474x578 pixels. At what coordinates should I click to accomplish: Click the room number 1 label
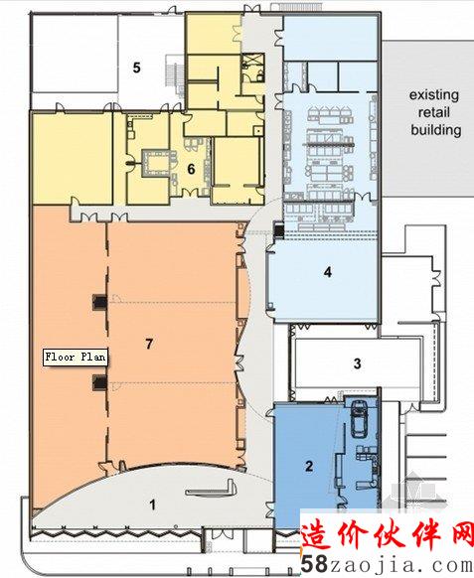tap(153, 505)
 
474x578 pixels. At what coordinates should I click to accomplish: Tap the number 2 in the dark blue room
tap(309, 467)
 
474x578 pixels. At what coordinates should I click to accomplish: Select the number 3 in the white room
tap(357, 363)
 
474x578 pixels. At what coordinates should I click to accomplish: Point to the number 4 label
tap(328, 272)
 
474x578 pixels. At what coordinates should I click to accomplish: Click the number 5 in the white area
tap(137, 68)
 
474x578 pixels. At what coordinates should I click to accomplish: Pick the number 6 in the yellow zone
tap(191, 169)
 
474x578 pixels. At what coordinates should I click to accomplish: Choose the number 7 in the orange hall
tap(149, 344)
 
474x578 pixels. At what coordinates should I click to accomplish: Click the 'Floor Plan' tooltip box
tap(76, 358)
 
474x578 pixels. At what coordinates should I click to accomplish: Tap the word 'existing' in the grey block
tap(434, 95)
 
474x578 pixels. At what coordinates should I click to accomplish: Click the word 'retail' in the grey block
tap(434, 112)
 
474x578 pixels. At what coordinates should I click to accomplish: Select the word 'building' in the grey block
tap(436, 130)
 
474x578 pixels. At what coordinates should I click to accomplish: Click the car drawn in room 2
tap(358, 418)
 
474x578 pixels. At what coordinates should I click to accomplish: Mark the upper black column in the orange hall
tap(99, 302)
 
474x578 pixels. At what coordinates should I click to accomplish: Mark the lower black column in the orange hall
tap(99, 382)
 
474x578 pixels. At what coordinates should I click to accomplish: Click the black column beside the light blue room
tap(278, 230)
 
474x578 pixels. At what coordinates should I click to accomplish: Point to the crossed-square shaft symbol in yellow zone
tap(253, 60)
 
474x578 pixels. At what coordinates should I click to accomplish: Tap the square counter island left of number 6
tap(155, 163)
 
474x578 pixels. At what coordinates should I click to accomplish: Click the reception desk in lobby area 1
tap(211, 490)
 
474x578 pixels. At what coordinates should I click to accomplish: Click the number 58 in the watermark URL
tap(314, 564)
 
